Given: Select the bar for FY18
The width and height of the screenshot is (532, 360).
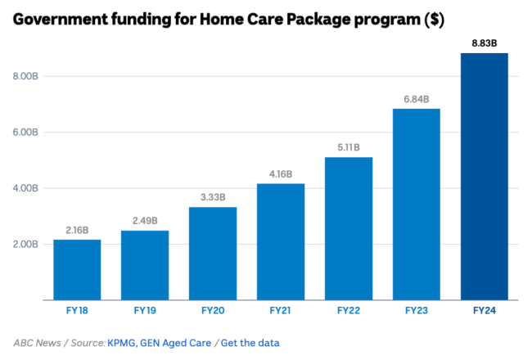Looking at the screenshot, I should [x=77, y=269].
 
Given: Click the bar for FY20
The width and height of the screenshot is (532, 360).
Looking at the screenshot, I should [x=213, y=253].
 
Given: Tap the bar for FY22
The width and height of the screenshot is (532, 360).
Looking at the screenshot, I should [x=349, y=228].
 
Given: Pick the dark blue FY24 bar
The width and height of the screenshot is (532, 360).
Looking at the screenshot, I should [x=485, y=176].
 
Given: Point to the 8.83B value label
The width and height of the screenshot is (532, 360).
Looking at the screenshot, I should [x=485, y=43].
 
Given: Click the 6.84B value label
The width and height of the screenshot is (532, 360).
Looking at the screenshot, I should [x=417, y=99].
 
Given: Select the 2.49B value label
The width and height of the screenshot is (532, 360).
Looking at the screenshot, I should [x=145, y=221].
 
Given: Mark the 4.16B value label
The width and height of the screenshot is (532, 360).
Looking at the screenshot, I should [x=281, y=174].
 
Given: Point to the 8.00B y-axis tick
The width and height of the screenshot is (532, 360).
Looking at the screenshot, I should [x=24, y=76].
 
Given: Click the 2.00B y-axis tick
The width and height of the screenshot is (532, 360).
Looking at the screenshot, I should [x=24, y=244].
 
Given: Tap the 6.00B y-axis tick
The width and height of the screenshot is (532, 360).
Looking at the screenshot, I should [x=24, y=132].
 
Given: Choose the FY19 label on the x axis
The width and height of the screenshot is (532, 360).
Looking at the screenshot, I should [x=145, y=311].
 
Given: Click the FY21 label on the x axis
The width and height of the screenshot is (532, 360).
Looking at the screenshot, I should [x=281, y=311].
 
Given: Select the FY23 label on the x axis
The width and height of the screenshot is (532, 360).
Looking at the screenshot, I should [x=417, y=311].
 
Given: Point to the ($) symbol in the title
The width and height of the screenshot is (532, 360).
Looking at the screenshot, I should [x=433, y=20].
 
